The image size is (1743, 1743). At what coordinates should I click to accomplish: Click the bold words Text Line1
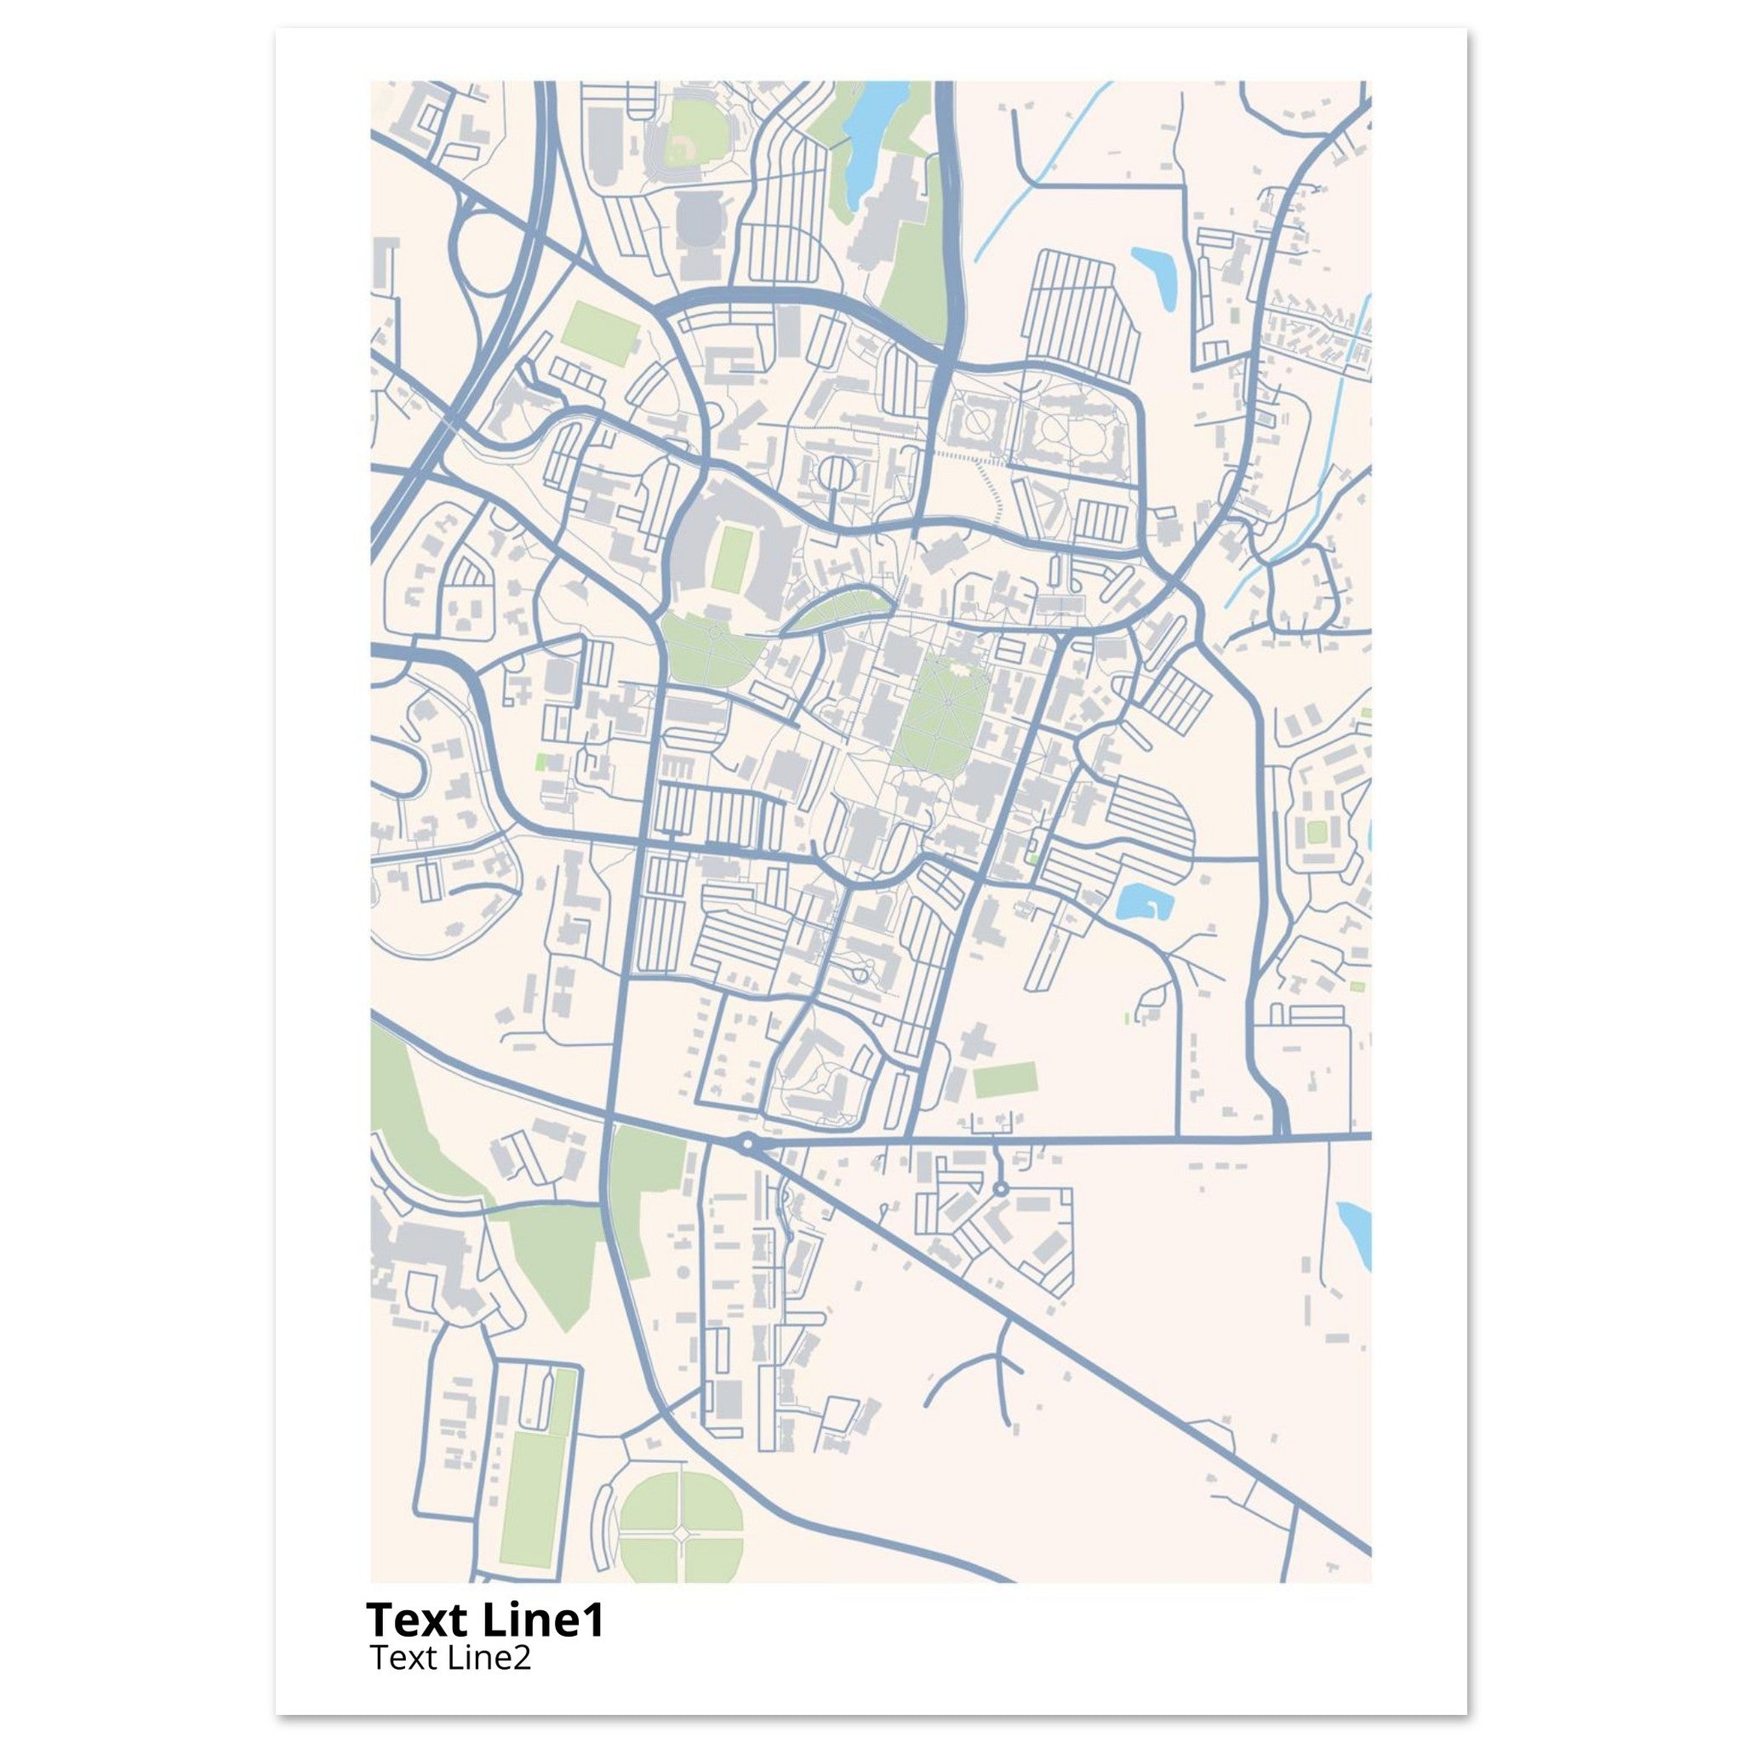[x=484, y=1620]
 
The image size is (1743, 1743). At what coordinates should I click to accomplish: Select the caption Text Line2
[x=450, y=1658]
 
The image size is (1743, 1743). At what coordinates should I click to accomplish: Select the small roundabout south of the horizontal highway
[x=1000, y=1189]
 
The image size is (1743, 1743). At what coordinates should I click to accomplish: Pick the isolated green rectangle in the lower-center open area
[x=1004, y=1080]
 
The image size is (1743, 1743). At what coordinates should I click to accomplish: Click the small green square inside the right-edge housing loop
[x=1317, y=831]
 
